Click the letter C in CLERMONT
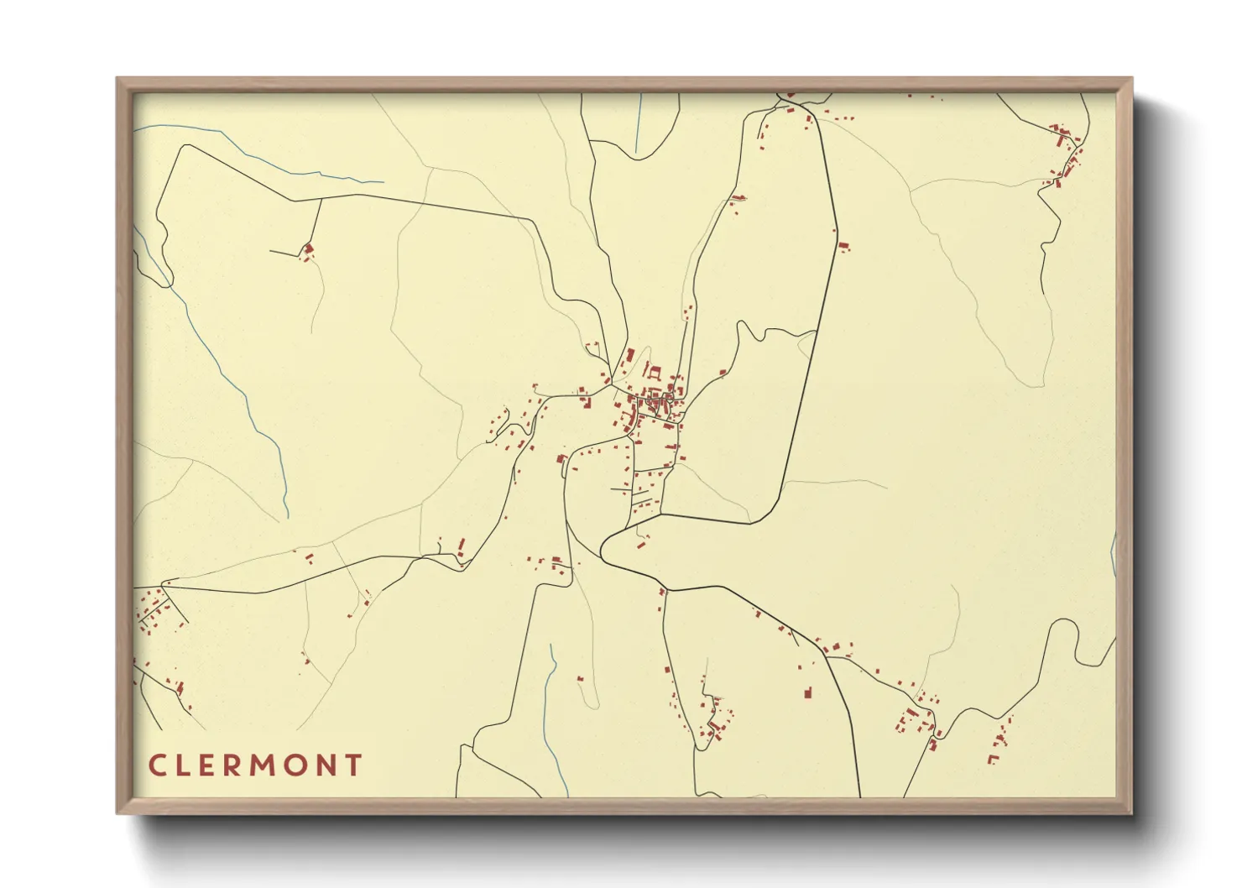tap(157, 765)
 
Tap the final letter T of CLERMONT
tap(357, 765)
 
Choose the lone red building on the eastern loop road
tap(843, 246)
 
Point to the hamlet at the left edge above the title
tap(155, 609)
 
